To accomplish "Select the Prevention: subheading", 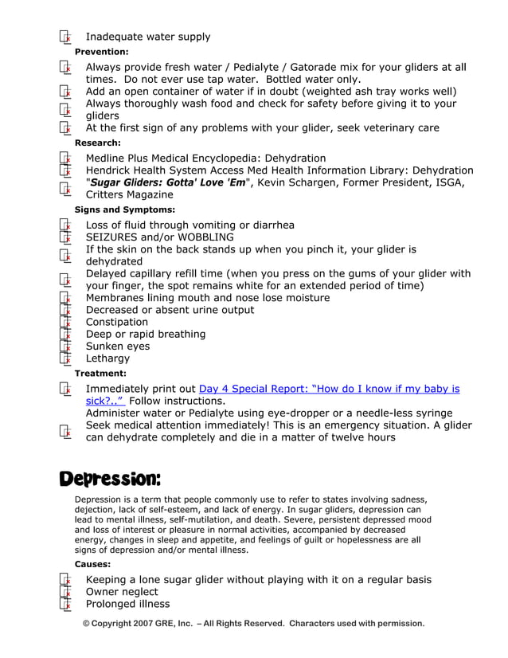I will pos(101,52).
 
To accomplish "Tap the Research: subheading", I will pos(97,143).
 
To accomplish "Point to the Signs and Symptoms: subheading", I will pos(124,210).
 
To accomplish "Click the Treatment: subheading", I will pos(100,373).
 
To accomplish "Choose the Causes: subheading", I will pos(92,564).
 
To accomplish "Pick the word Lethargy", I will pos(107,358).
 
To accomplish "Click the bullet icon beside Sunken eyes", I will pos(65,347).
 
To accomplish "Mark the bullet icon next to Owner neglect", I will pos(65,592).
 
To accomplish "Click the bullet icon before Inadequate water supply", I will pos(65,37).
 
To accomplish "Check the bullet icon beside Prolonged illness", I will pos(65,604).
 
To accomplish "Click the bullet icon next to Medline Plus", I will pos(65,159).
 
